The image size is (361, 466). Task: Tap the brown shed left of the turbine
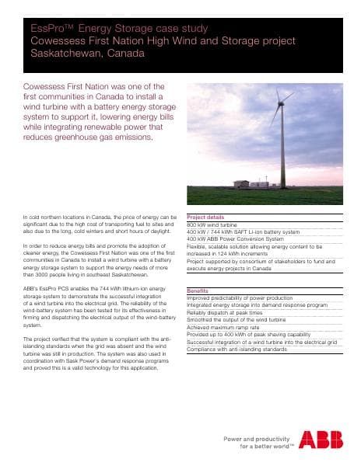(x=242, y=184)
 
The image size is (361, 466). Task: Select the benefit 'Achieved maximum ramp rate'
(x=225, y=329)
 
